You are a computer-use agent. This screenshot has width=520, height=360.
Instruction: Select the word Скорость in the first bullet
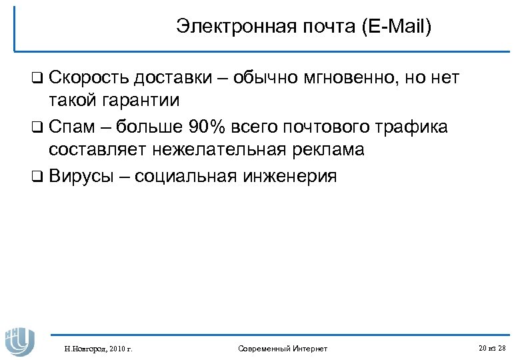click(87, 78)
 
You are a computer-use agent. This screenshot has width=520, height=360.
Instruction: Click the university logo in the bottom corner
click(19, 337)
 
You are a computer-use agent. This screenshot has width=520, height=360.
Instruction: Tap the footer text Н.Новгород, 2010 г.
click(97, 349)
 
